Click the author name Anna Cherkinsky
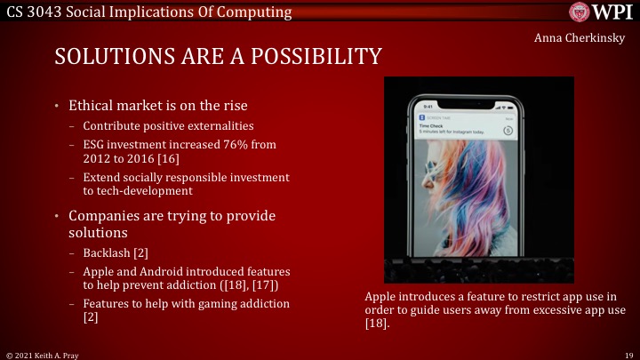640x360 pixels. pos(580,39)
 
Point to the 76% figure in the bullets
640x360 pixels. pos(226,142)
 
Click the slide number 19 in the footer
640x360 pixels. pos(627,353)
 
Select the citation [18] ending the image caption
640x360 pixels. pos(377,324)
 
